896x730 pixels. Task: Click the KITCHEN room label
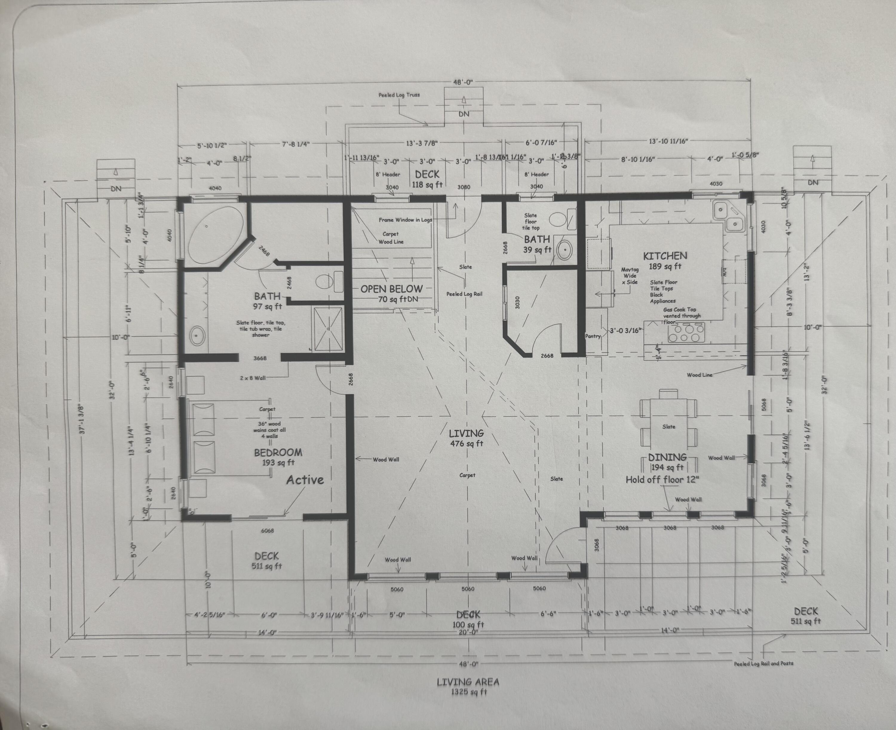(x=665, y=256)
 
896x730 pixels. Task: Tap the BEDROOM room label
(x=278, y=453)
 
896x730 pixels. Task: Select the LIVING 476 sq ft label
(x=466, y=437)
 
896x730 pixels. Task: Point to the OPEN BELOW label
(x=391, y=289)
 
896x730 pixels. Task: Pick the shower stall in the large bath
(x=328, y=328)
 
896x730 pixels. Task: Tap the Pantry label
(x=593, y=336)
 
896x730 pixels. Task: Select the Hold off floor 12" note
(x=662, y=480)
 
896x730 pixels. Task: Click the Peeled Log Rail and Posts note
(x=763, y=663)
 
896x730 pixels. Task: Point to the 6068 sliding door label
(x=267, y=531)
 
